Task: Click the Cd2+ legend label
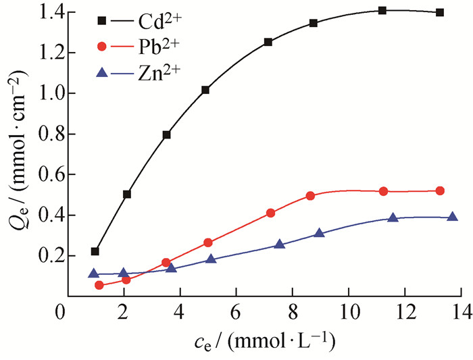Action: (x=160, y=22)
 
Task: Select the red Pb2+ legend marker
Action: (x=102, y=47)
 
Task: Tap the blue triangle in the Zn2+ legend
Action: (x=102, y=72)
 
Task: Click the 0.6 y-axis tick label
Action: (x=50, y=175)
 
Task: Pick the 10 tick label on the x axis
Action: (x=349, y=312)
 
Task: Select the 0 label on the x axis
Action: (x=60, y=312)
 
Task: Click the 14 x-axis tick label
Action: (x=462, y=312)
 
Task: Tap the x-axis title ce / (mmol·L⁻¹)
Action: (x=265, y=342)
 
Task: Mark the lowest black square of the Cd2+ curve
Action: (x=95, y=251)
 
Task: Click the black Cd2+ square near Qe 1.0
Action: (x=205, y=90)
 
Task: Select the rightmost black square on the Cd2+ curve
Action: (x=440, y=12)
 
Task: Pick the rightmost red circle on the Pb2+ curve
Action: (x=440, y=191)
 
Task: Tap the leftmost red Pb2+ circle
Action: (x=99, y=285)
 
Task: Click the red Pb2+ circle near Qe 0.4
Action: (x=271, y=213)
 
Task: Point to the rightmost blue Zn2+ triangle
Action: (x=452, y=217)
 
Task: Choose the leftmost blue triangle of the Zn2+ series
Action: (x=93, y=274)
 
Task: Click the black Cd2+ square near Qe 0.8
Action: (x=166, y=135)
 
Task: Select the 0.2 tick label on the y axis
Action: (x=50, y=256)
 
